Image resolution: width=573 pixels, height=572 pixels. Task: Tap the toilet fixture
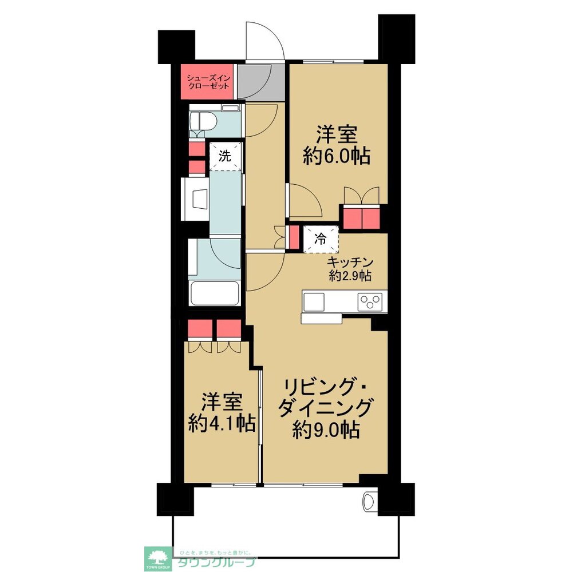203,122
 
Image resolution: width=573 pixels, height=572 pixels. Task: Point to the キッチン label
350,263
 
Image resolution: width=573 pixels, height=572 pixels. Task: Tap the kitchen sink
314,301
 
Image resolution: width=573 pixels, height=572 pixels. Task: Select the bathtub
215,293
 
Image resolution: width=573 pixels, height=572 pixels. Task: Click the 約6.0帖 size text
336,156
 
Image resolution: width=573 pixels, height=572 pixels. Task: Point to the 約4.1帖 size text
222,424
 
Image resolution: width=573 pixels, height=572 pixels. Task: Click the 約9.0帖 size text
326,430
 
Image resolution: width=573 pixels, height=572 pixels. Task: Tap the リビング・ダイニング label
325,398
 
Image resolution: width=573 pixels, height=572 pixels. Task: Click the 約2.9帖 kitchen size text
350,276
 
